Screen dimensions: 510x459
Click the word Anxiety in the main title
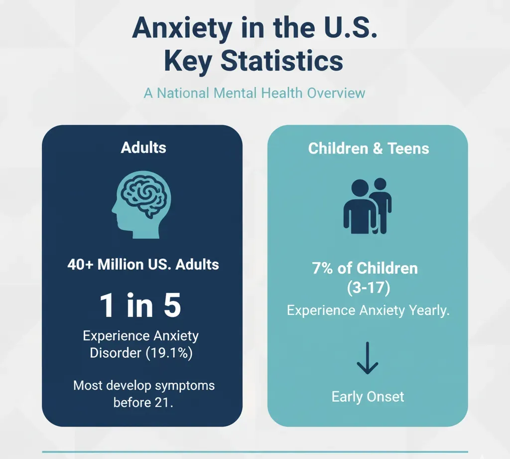point(182,28)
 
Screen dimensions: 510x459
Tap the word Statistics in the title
point(282,61)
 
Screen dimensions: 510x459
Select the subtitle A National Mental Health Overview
point(255,93)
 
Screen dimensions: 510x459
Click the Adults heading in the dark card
point(143,148)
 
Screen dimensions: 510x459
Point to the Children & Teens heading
point(369,149)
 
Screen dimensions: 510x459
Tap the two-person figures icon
point(368,206)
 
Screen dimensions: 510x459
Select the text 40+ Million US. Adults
point(143,264)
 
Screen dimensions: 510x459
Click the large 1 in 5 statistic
point(140,305)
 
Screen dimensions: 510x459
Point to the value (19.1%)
point(169,353)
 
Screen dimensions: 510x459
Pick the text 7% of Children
point(365,268)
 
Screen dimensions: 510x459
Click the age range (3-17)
point(368,288)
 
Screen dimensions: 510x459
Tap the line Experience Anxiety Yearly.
point(368,310)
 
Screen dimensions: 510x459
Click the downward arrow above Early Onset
point(368,358)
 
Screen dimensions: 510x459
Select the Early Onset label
point(368,397)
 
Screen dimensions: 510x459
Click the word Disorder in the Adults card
point(116,353)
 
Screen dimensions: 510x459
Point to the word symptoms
point(185,386)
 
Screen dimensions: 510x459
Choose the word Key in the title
point(188,62)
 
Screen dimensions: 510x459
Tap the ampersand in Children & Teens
point(378,149)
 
